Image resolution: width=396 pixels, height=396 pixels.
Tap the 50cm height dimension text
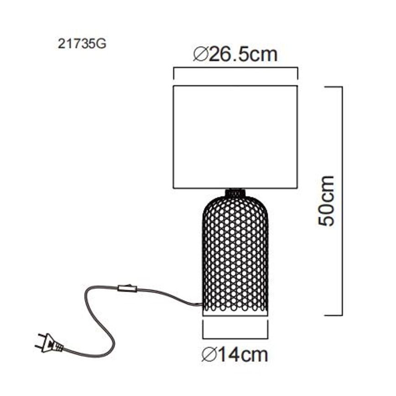coord(327,201)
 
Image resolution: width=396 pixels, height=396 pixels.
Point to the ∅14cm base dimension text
coord(234,354)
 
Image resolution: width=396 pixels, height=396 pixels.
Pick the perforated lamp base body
coord(235,251)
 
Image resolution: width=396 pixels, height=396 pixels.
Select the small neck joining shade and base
coord(235,192)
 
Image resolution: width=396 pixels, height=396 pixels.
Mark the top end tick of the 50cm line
coord(333,86)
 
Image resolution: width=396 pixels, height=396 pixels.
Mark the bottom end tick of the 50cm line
coord(333,315)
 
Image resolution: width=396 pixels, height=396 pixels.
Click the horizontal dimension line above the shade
coord(235,68)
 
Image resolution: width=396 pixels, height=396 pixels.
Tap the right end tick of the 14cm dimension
coord(267,331)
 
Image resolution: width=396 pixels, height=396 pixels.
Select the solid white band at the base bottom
coord(235,316)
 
